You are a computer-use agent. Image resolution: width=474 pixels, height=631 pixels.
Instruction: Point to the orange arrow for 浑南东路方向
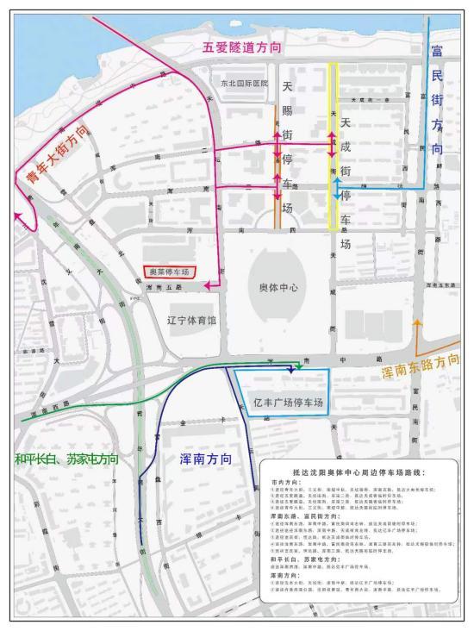tap(418, 326)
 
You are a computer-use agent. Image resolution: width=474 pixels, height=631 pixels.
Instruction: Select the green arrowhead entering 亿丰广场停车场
tap(298, 368)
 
